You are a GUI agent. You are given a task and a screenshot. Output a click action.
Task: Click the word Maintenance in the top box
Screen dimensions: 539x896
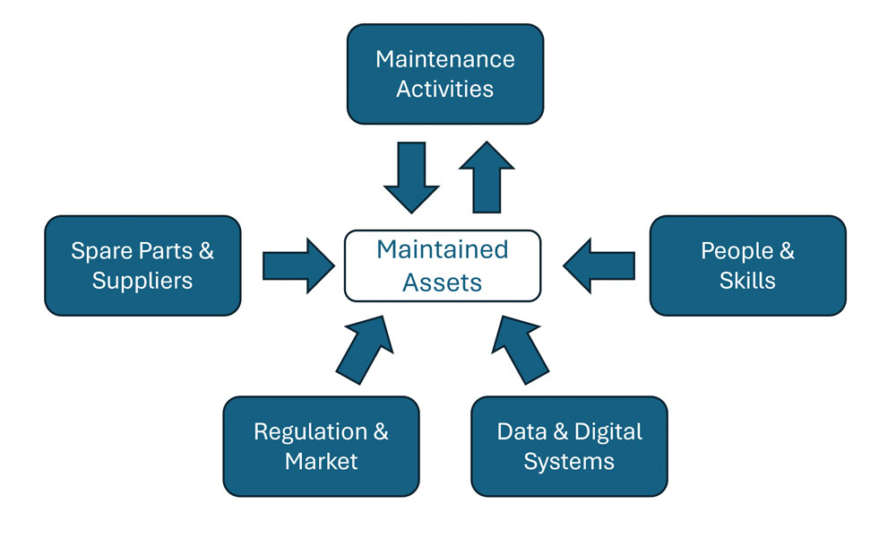445,59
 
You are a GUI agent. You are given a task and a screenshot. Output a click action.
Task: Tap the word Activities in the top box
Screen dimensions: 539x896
445,89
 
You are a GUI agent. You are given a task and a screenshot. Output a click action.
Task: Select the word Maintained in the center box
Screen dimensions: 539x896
443,248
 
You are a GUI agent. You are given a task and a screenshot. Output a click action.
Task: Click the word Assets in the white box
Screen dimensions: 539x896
443,282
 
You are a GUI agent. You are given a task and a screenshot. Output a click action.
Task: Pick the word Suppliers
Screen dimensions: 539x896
142,281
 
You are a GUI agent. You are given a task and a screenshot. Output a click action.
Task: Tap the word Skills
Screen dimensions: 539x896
747,281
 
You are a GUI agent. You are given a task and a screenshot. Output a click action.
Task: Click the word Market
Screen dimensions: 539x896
322,462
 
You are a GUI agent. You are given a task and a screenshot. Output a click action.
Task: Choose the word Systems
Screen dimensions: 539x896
569,462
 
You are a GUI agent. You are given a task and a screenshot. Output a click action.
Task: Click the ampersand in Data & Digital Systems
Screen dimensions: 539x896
562,431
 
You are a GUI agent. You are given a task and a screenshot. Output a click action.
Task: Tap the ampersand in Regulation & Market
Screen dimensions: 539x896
380,431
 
